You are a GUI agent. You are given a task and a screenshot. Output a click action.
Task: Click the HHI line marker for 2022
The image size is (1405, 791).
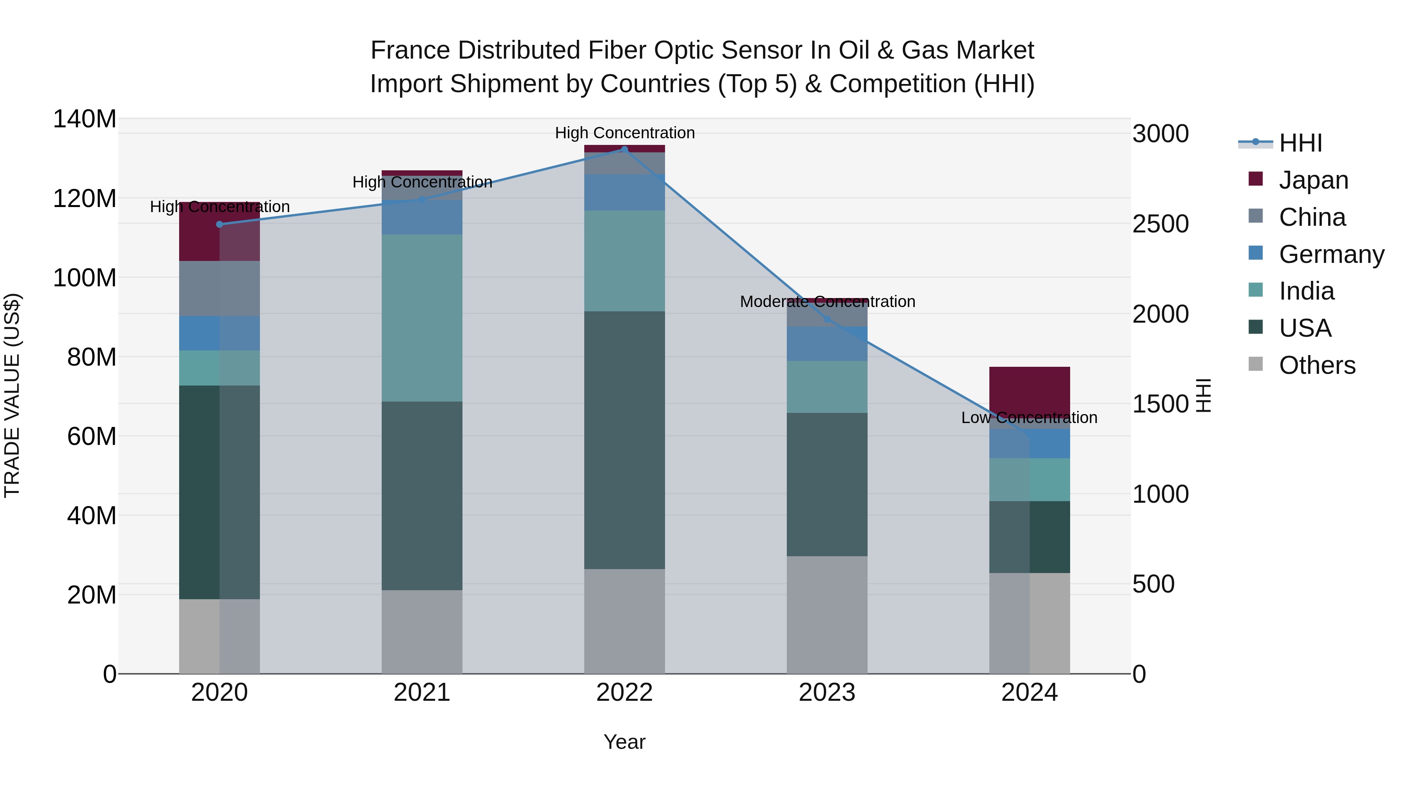(x=624, y=150)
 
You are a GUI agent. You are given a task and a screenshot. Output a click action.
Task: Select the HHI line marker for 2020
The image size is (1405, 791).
(x=219, y=224)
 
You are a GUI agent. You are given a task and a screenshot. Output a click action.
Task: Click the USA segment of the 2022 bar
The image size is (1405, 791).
(x=624, y=440)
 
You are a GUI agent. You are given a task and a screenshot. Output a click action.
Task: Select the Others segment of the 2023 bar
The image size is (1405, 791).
(x=827, y=615)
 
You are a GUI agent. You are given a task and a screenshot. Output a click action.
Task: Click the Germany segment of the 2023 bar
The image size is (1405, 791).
(x=827, y=344)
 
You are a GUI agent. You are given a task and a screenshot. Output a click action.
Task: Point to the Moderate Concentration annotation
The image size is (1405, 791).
(x=827, y=302)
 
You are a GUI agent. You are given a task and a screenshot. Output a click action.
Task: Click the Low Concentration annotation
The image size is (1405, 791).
(x=1029, y=418)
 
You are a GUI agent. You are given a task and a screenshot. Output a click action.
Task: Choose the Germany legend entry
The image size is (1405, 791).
(x=1331, y=254)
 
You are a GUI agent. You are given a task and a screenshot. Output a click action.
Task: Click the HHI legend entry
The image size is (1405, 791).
(x=1300, y=143)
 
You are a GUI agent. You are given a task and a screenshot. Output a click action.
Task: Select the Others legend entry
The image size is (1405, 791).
(x=1317, y=365)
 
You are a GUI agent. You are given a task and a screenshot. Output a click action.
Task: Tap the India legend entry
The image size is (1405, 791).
(x=1306, y=291)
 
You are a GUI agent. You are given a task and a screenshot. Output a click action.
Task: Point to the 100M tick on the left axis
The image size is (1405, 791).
(x=85, y=278)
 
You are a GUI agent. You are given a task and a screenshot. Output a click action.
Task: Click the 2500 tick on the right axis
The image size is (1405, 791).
(x=1161, y=224)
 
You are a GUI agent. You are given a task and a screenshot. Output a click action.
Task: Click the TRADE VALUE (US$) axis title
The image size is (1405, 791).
(x=12, y=395)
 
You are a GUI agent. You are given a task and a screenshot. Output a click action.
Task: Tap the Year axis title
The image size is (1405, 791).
(x=624, y=742)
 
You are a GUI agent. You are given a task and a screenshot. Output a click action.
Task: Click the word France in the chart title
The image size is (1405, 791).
(x=410, y=50)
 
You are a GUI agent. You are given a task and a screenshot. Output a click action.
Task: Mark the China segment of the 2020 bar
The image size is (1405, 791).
(x=219, y=288)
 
